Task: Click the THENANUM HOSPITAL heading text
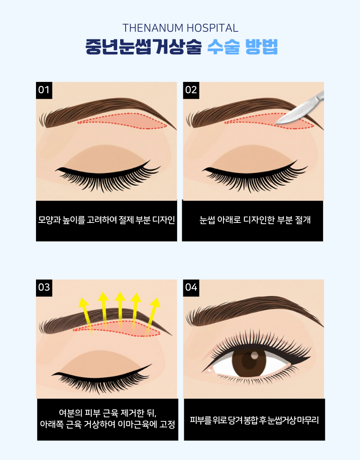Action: [180, 28]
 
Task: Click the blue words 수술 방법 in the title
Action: [242, 47]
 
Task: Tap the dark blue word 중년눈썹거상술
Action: [144, 47]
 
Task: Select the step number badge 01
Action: [44, 90]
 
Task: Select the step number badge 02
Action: [191, 90]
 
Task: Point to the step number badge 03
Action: [44, 288]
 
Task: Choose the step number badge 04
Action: [191, 288]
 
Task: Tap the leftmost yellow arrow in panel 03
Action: [86, 314]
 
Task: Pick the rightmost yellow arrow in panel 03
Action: [153, 315]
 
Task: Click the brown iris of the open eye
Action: [249, 360]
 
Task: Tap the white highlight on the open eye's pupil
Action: [255, 355]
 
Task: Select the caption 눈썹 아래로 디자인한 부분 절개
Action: [255, 220]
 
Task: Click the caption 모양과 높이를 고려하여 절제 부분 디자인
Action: [106, 220]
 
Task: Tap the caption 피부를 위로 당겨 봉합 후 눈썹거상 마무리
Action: [254, 420]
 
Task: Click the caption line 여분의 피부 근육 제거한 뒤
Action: [108, 413]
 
